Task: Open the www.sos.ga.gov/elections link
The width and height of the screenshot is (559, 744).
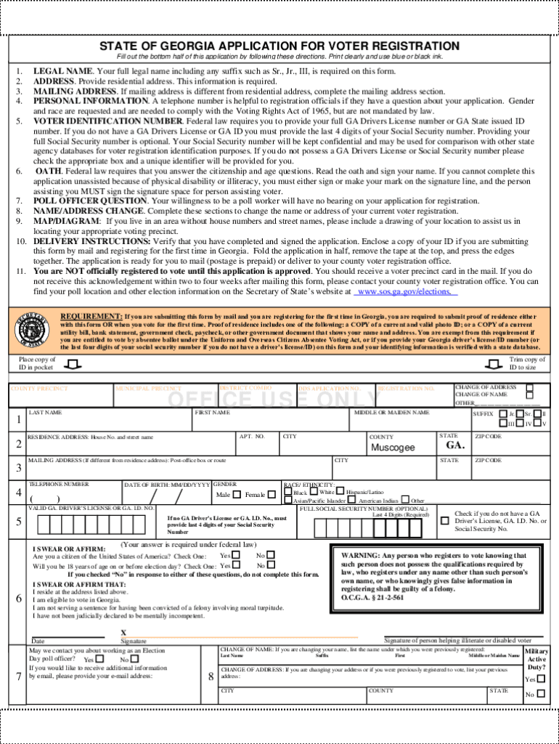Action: click(x=405, y=291)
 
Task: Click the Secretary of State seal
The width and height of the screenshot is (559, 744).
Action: click(x=30, y=331)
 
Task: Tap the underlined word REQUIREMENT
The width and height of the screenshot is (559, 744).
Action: click(x=91, y=317)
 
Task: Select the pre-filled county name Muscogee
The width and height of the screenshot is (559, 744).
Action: click(x=393, y=448)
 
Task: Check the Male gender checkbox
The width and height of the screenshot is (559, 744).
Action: click(x=237, y=494)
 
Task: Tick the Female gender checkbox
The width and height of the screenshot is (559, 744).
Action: click(x=272, y=494)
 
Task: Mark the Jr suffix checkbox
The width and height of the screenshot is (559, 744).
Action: click(x=503, y=413)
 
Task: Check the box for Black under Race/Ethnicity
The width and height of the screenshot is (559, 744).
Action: click(x=288, y=491)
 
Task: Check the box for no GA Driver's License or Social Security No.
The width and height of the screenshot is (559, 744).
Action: click(x=444, y=520)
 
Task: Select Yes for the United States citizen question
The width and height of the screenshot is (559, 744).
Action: click(x=236, y=555)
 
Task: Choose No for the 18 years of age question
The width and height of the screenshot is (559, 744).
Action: click(x=271, y=565)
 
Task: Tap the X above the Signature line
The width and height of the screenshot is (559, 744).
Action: click(x=123, y=633)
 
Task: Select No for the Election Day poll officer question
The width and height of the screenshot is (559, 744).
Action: click(x=134, y=659)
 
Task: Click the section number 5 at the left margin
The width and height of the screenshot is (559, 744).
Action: click(x=18, y=521)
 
